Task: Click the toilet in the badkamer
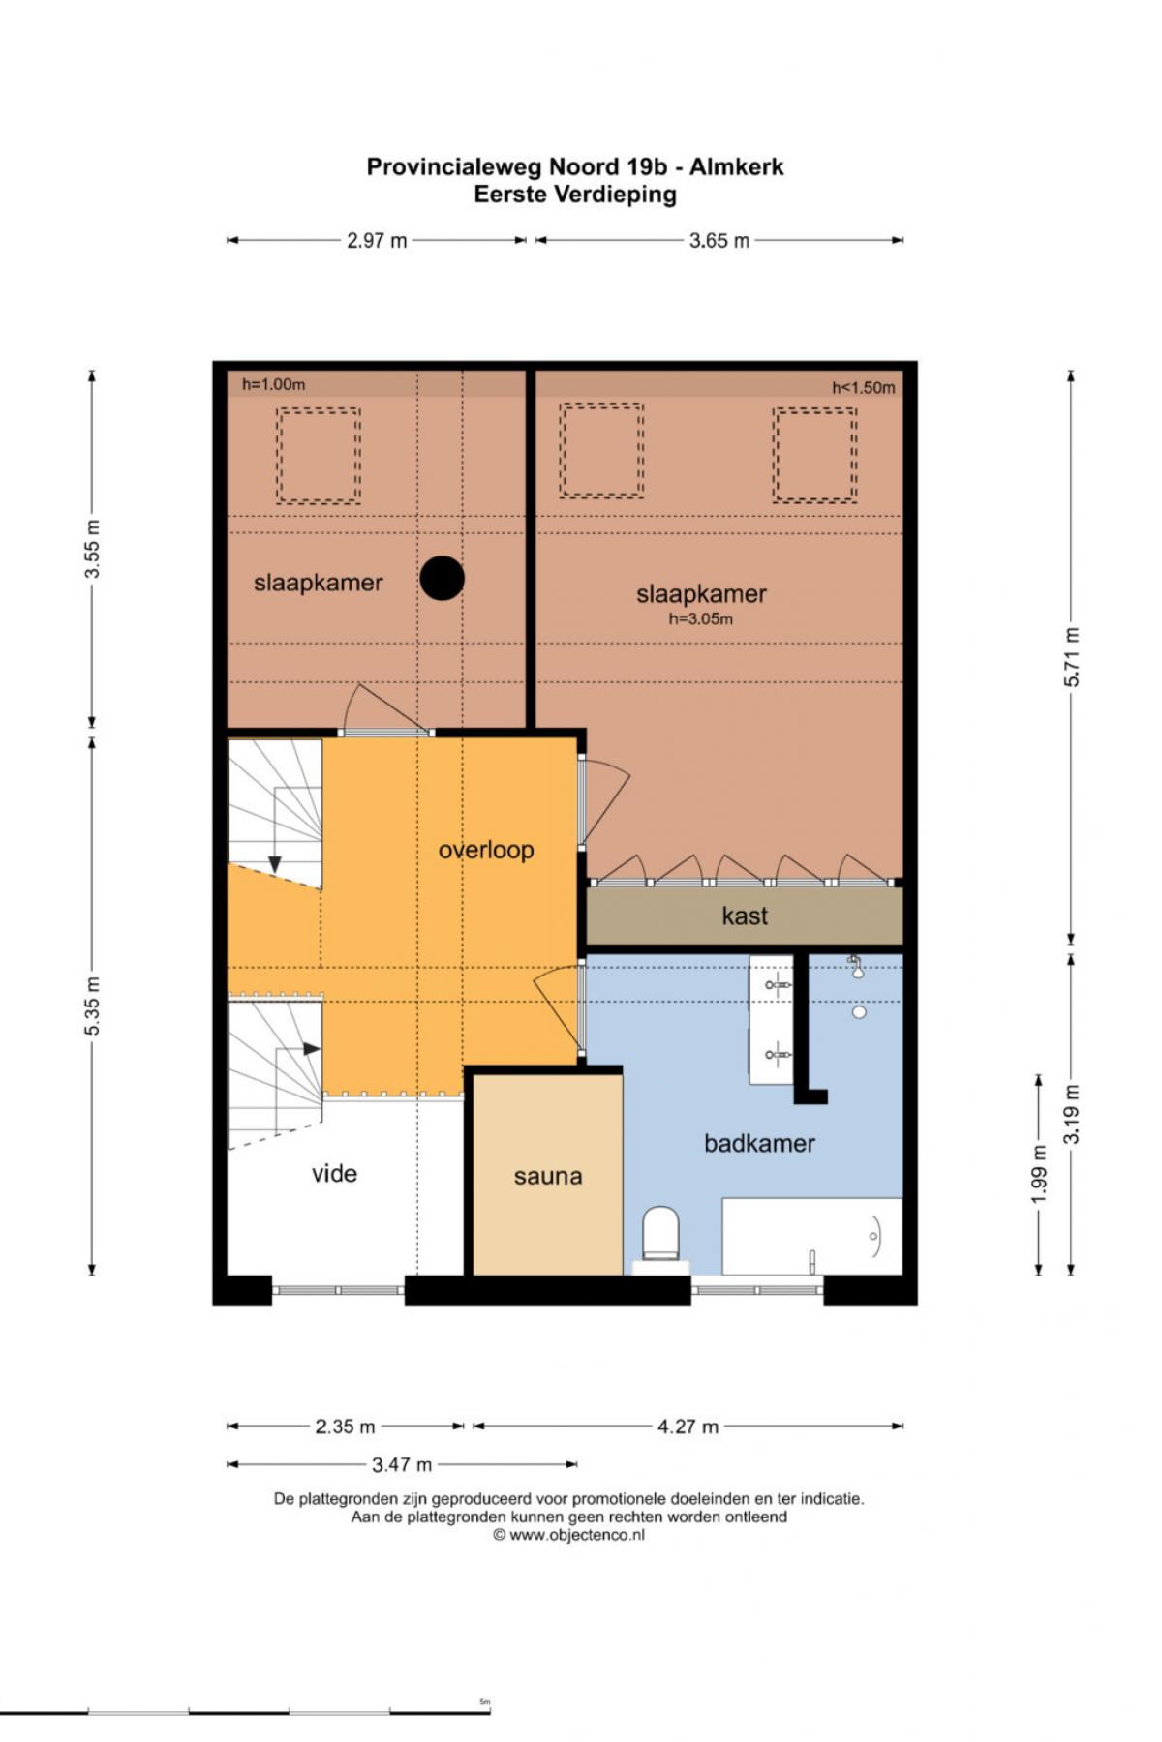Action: [x=661, y=1237]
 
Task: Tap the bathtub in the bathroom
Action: [x=812, y=1236]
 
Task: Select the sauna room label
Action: [x=548, y=1177]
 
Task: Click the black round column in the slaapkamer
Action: [x=443, y=578]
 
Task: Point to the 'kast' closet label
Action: [x=745, y=916]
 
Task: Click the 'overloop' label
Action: [x=486, y=850]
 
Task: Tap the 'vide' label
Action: [x=334, y=1174]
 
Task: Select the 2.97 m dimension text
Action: [x=377, y=241]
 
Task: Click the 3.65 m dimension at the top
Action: [x=719, y=241]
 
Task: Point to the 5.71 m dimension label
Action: [x=1072, y=656]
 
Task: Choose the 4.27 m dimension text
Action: [x=688, y=1427]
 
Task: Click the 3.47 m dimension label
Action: [x=402, y=1465]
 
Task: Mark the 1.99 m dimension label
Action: [x=1039, y=1175]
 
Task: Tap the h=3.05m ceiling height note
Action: [x=701, y=619]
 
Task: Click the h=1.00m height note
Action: [x=273, y=384]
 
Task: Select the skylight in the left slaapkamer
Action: [x=319, y=455]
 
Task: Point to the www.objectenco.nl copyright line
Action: [x=569, y=1535]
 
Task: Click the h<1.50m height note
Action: [x=864, y=388]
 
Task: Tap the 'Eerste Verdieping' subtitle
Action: [x=575, y=195]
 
